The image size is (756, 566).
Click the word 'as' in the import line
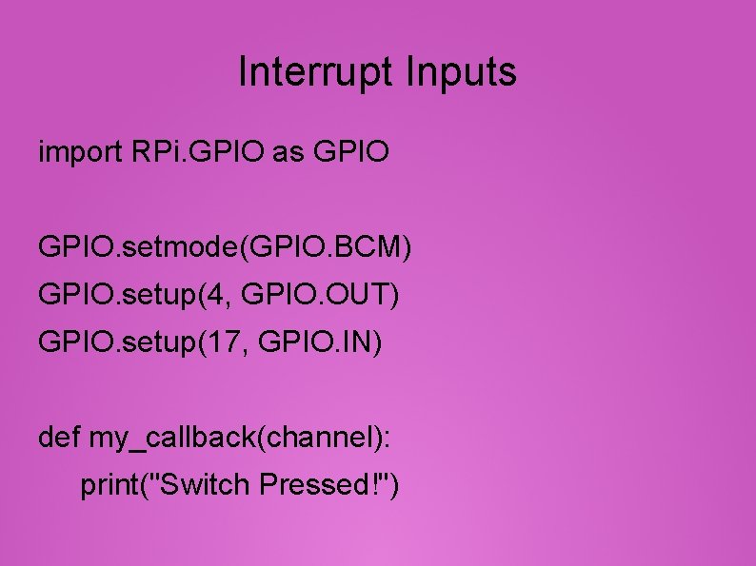pos(287,151)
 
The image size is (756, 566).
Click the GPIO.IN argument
pos(320,341)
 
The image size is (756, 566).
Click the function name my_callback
pos(173,439)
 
